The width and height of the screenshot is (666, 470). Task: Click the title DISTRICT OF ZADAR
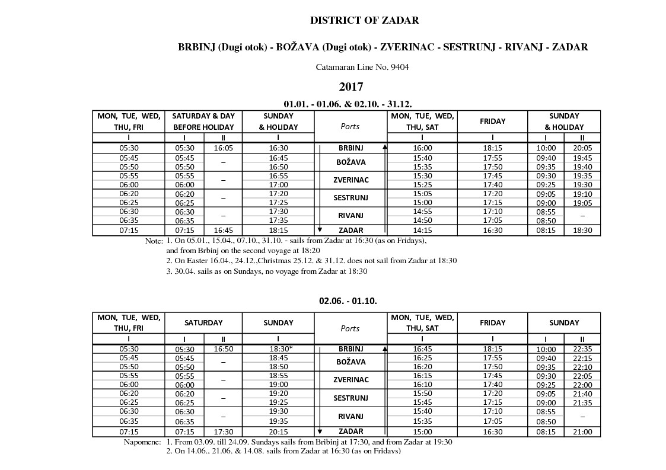pos(364,21)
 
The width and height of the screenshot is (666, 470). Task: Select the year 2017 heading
pos(350,87)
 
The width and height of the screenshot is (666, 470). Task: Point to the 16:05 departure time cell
pos(223,148)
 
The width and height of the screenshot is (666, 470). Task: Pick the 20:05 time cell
pos(582,148)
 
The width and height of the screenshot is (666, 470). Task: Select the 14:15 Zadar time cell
pos(422,231)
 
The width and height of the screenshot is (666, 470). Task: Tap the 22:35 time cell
pos(582,349)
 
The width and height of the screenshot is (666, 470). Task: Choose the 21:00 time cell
pos(582,432)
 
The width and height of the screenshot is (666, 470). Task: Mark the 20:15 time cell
pos(278,432)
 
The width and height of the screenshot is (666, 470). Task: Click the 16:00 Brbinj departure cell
pos(422,148)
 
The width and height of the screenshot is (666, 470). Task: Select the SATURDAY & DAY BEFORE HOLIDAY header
pos(203,122)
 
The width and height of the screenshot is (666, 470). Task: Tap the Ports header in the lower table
pos(350,328)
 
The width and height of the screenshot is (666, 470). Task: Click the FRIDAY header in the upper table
pos(492,122)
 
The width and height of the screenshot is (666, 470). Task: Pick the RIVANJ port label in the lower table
pos(350,417)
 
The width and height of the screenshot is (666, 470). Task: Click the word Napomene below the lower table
pos(142,442)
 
